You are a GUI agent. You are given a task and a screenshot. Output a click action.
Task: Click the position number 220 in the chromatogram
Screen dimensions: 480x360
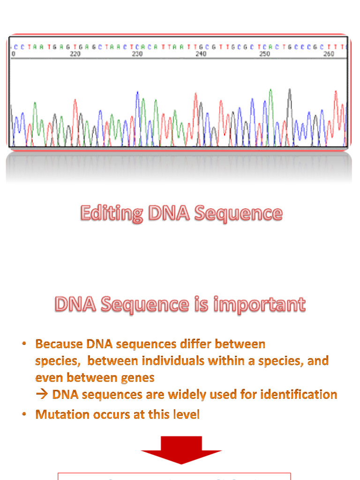pyautogui.click(x=75, y=54)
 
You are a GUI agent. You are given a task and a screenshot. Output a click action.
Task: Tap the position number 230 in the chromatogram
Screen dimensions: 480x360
pyautogui.click(x=137, y=54)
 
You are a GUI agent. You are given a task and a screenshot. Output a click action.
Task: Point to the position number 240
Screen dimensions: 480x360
pyautogui.click(x=201, y=54)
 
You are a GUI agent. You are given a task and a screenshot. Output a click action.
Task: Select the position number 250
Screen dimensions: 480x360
pyautogui.click(x=265, y=54)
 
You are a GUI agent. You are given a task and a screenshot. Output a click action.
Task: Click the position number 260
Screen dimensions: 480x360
pyautogui.click(x=329, y=54)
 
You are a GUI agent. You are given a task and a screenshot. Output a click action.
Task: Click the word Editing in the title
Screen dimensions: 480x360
pyautogui.click(x=112, y=213)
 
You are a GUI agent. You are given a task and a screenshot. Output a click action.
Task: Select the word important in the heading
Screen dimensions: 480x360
pyautogui.click(x=260, y=305)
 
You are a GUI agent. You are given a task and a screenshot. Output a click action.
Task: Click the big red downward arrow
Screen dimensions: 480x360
pyautogui.click(x=181, y=450)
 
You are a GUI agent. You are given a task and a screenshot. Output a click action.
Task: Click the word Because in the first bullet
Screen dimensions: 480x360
pyautogui.click(x=59, y=344)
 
